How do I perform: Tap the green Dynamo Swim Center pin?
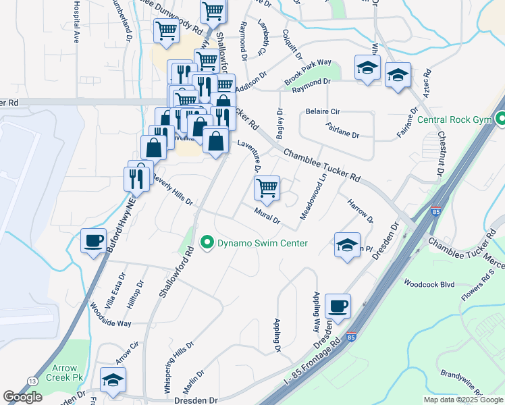(208, 243)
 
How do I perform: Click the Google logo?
(22, 397)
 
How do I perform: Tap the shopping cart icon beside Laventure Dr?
(267, 188)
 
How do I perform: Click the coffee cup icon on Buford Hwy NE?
(93, 240)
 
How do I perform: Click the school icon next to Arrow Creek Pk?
(113, 379)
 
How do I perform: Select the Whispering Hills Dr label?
(174, 371)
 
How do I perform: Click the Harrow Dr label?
(360, 210)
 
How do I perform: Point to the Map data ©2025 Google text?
(463, 400)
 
